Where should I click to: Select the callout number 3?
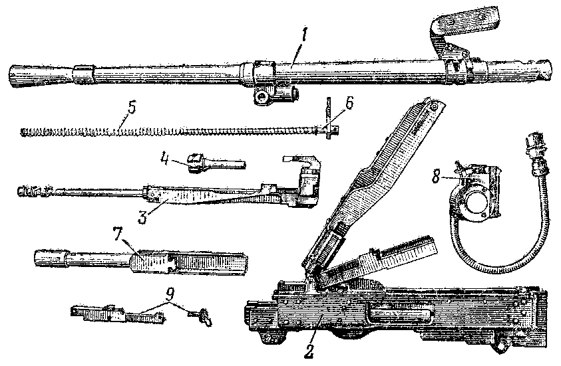click(x=144, y=217)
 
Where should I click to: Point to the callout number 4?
click(x=164, y=159)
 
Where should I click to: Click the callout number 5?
click(x=132, y=108)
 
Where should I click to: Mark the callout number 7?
click(x=119, y=234)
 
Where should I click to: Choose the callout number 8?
click(x=436, y=176)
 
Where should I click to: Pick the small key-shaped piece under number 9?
click(x=201, y=316)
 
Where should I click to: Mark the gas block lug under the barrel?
click(x=275, y=95)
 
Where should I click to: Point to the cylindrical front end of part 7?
click(x=50, y=258)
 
